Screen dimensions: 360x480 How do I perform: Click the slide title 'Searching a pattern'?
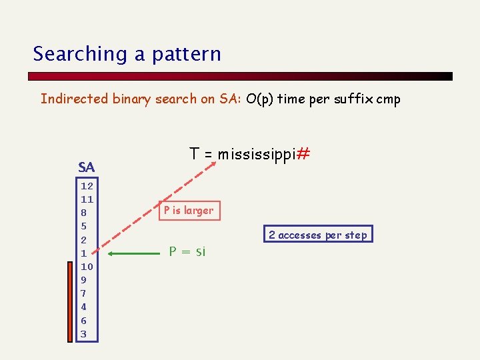(127, 53)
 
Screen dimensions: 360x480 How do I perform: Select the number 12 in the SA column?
(87, 186)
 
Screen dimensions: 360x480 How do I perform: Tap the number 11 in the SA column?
(87, 199)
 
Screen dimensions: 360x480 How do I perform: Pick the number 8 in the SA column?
(84, 213)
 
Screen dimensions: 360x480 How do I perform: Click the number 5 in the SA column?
(84, 226)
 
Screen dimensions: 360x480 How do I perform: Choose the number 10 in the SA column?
(87, 267)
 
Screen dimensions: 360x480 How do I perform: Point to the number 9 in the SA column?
(84, 280)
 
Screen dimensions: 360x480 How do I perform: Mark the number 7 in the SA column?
(84, 293)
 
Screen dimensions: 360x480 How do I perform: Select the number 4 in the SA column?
(84, 307)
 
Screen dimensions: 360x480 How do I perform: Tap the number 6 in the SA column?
(84, 321)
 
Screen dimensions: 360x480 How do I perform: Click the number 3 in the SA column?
(84, 334)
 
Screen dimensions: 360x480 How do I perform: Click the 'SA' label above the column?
(86, 167)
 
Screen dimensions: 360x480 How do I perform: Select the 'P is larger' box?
(189, 211)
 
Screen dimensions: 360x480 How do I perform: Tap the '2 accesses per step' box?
(317, 235)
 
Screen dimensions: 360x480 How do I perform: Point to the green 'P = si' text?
(187, 251)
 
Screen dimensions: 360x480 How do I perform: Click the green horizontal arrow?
(133, 253)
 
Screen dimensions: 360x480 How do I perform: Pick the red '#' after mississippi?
(303, 154)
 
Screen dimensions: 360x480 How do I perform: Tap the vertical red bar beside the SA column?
(71, 301)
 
